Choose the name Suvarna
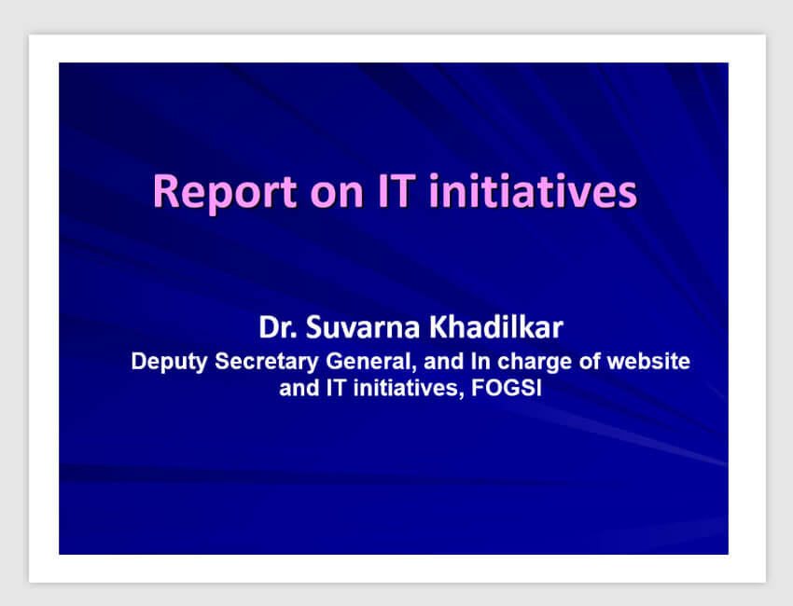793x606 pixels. (363, 327)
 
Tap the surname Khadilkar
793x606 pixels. (496, 327)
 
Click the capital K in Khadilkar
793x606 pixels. (438, 327)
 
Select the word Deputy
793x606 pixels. (169, 363)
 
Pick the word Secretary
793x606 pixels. (267, 363)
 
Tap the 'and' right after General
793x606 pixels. (443, 361)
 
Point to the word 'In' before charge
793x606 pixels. (480, 361)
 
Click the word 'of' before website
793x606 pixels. (589, 361)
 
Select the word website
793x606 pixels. (647, 361)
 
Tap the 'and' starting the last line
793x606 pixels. (299, 388)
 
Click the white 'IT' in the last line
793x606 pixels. (336, 388)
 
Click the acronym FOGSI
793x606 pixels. (507, 388)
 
